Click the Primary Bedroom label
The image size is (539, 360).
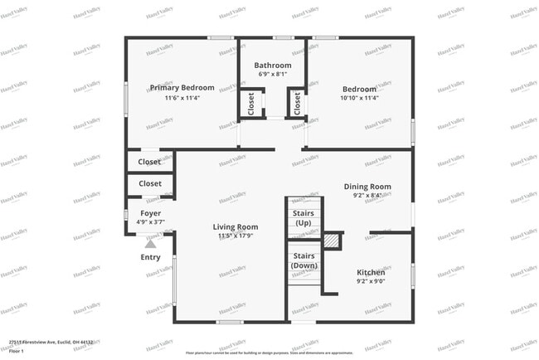[182, 87]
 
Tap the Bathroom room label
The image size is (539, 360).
[273, 65]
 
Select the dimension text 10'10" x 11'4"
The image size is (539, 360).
[359, 98]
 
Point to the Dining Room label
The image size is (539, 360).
[367, 187]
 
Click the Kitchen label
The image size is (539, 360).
[371, 272]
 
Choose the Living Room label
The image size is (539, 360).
[235, 226]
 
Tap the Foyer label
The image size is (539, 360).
[150, 212]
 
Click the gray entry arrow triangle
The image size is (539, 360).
[150, 243]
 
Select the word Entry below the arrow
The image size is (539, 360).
[151, 257]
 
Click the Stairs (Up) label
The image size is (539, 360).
[304, 218]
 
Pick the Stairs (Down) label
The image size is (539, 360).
[304, 261]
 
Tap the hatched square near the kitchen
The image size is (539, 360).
[332, 240]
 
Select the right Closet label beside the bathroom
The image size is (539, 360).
[296, 104]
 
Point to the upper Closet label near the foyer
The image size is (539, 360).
[150, 162]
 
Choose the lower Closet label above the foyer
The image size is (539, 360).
[150, 183]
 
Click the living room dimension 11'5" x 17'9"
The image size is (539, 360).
[235, 236]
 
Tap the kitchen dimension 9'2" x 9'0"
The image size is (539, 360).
[371, 282]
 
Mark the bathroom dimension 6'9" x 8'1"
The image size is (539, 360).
[273, 75]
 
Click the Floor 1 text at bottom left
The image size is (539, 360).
[16, 351]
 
